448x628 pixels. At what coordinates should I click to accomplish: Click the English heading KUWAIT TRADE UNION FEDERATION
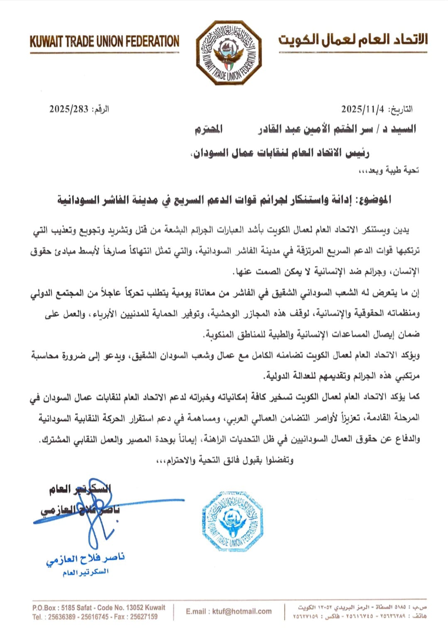[x=104, y=42]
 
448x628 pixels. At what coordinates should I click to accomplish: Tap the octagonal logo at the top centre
[x=229, y=52]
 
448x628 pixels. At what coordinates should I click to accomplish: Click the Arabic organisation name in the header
[x=353, y=40]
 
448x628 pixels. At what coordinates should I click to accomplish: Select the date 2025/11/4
[x=362, y=109]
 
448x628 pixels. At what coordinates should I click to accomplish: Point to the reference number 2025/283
[x=69, y=109]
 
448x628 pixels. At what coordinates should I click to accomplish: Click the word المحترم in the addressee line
[x=209, y=129]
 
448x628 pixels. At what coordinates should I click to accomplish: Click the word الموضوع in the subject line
[x=371, y=200]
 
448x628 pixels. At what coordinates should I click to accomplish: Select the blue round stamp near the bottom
[x=233, y=521]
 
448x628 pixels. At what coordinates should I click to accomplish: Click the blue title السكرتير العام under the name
[x=86, y=572]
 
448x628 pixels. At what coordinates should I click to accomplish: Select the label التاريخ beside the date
[x=401, y=109]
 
